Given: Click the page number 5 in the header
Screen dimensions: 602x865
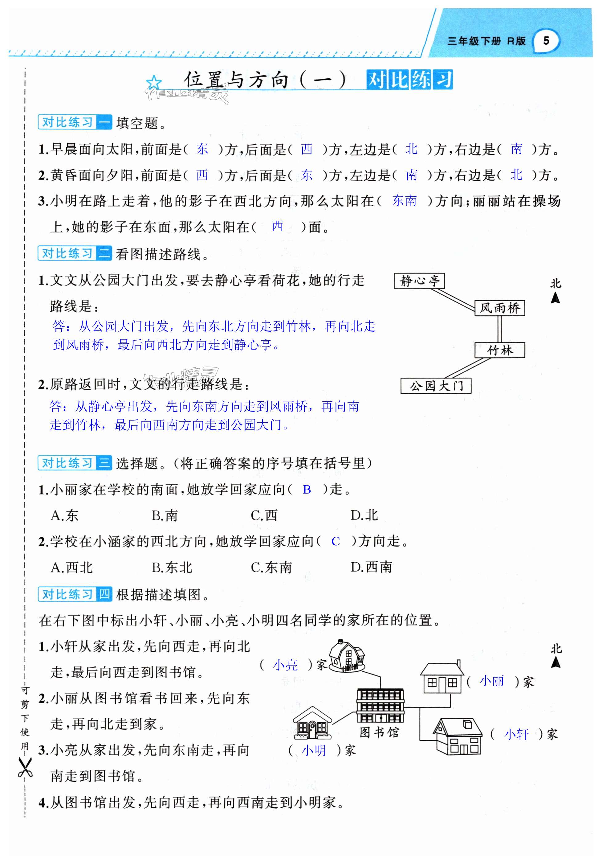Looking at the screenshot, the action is point(546,41).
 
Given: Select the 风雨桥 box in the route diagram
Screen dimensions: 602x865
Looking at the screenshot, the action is point(500,308).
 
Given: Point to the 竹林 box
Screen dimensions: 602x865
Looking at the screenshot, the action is point(500,351).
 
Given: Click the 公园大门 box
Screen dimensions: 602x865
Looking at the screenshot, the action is point(436,386).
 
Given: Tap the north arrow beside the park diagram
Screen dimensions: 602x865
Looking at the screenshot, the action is point(555,297).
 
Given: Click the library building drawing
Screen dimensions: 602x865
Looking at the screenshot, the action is point(380,705).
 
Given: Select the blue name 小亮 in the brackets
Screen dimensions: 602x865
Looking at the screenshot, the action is point(285,665).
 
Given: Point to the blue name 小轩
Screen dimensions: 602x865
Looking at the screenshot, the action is point(516,734).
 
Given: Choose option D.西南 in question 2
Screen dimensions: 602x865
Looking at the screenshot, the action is point(371,567).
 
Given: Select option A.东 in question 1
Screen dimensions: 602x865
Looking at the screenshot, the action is point(64,515).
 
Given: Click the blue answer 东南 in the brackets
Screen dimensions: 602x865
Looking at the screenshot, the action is point(404,201).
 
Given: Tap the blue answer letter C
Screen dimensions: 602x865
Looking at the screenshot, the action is point(336,541).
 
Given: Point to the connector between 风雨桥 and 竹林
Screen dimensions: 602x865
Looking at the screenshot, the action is point(500,329).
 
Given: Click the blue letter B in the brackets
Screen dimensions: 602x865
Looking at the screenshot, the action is point(307,490).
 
